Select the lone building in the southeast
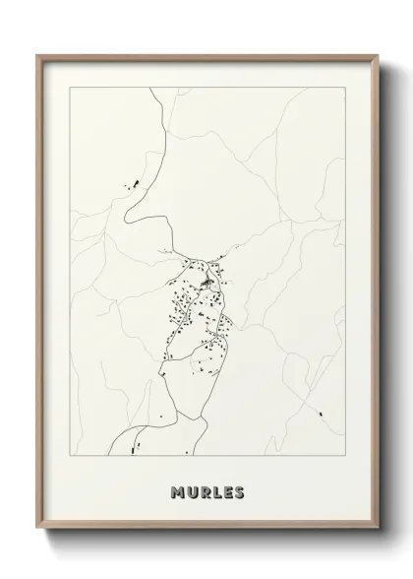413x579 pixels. (x=319, y=412)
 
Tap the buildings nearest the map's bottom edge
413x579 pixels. (x=132, y=449)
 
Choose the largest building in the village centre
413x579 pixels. (x=206, y=286)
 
